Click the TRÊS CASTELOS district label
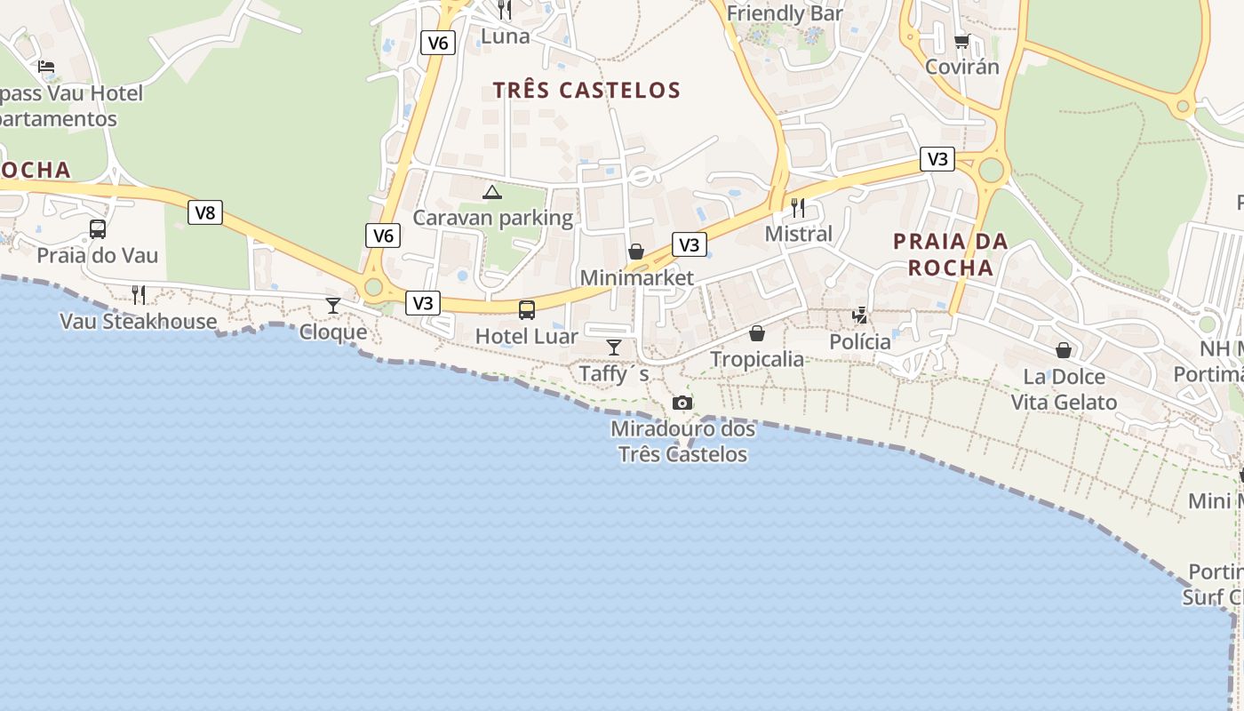pos(586,90)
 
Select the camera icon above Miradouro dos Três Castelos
pos(682,403)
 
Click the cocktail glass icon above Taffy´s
pos(613,347)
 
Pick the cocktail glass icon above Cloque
pos(333,306)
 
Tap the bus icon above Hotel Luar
pos(527,310)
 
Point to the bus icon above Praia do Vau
pos(98,229)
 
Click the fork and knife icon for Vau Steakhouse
pos(139,295)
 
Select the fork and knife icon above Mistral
pos(798,208)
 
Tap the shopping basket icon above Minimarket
pos(636,252)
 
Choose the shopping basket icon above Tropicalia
pos(757,333)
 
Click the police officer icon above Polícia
pos(859,315)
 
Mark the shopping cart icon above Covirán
pos(961,41)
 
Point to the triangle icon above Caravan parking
pos(492,191)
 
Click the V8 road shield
pos(204,212)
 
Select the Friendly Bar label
pos(785,14)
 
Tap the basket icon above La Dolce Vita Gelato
pos(1064,350)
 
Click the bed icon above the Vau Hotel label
pos(46,66)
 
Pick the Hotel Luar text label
pos(526,337)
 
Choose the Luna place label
pos(505,36)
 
